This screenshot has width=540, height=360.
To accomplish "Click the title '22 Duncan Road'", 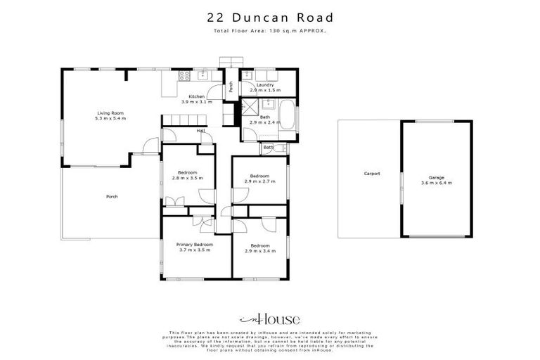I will (x=270, y=18).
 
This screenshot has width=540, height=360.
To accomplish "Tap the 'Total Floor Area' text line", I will (x=270, y=32).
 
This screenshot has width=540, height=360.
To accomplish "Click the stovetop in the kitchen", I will (x=184, y=75).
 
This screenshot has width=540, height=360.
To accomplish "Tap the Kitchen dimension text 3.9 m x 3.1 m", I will (x=196, y=102).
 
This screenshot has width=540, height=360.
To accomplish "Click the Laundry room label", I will (x=265, y=85).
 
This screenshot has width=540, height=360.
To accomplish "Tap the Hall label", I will (x=200, y=131).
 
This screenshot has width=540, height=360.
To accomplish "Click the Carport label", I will (x=371, y=173).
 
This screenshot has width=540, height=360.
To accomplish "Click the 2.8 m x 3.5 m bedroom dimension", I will (x=187, y=178).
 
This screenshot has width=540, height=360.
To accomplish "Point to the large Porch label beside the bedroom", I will (x=111, y=196).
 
